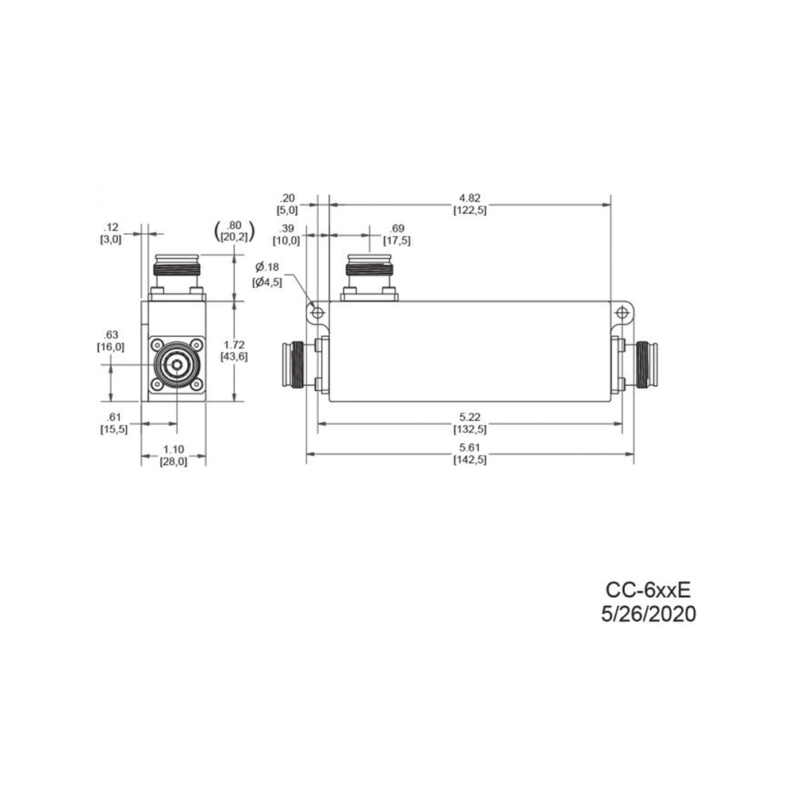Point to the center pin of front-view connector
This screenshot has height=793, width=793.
(174, 366)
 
